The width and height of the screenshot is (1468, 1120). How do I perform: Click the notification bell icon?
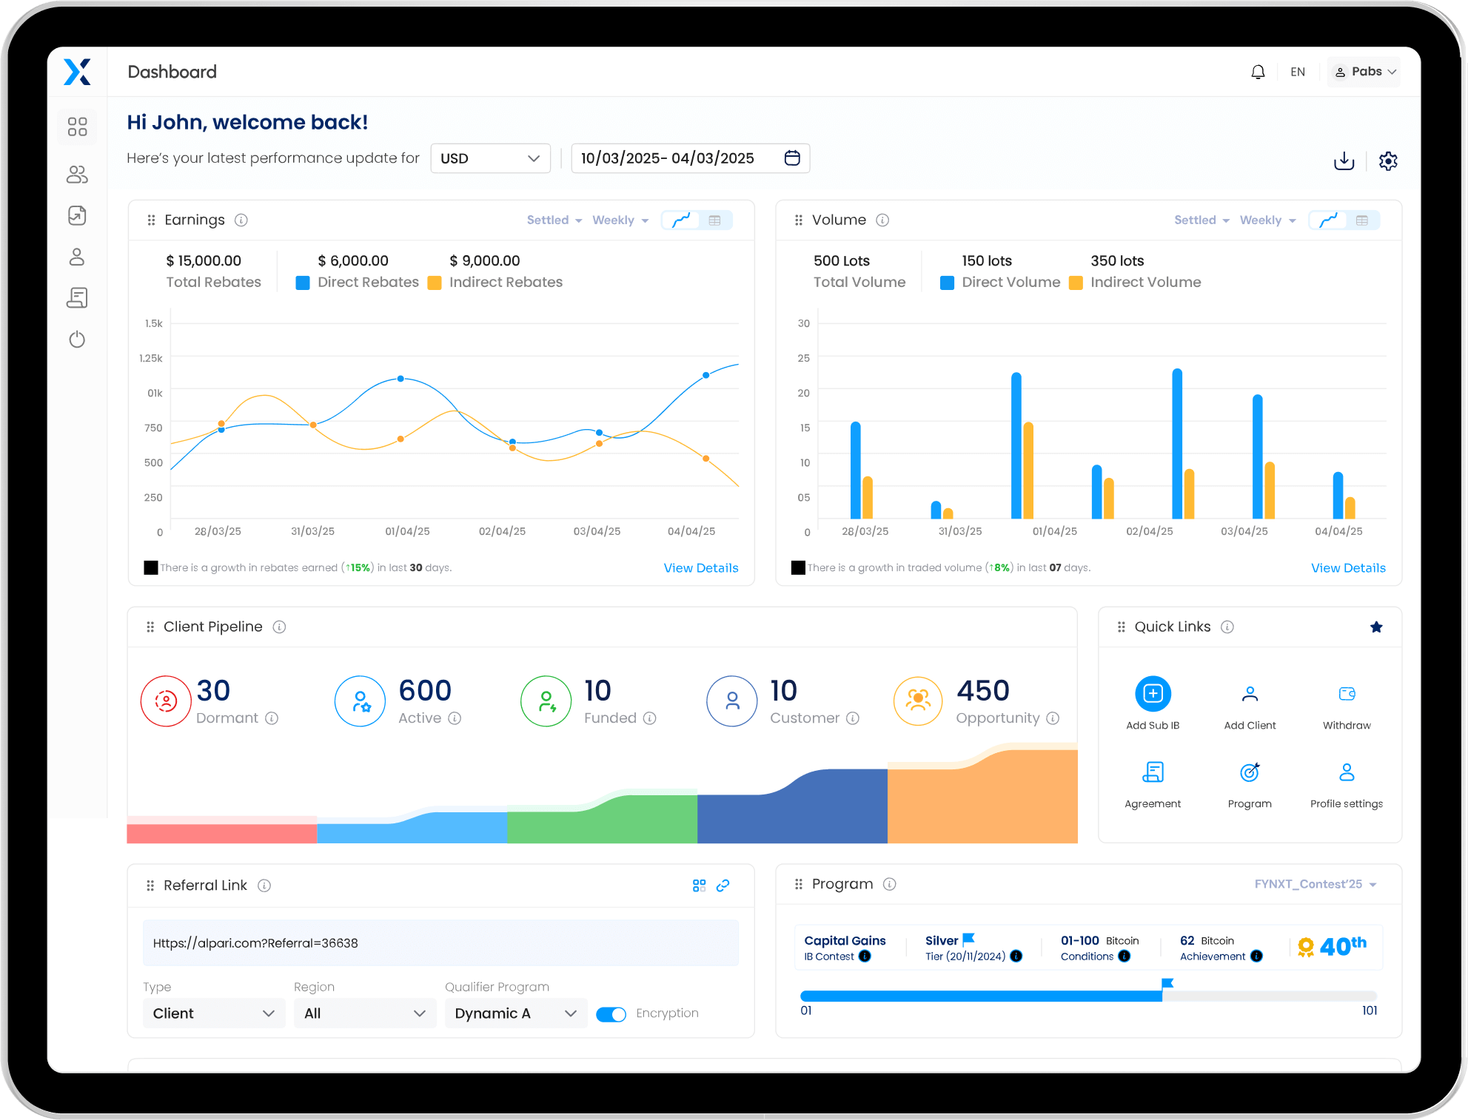[x=1258, y=72]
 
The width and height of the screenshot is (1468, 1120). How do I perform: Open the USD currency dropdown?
[x=490, y=158]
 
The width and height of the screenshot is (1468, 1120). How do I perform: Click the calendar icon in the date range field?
[x=792, y=158]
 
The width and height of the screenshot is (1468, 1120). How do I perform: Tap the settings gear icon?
[x=1388, y=161]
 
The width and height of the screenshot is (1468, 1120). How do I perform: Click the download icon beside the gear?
[x=1344, y=161]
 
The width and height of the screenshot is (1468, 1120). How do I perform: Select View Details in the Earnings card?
[x=700, y=568]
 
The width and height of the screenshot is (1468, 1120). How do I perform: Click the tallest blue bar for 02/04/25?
[x=1177, y=444]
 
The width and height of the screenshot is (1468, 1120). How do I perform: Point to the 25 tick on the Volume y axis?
[x=804, y=358]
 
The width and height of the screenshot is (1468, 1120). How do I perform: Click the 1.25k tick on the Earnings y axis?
[x=151, y=358]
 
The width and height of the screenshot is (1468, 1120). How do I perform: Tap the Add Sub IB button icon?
[x=1153, y=694]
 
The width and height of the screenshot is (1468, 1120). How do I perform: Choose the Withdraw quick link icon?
[x=1347, y=694]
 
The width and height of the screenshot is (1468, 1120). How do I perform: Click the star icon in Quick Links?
[x=1376, y=627]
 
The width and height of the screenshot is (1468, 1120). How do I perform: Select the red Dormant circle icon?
[x=166, y=701]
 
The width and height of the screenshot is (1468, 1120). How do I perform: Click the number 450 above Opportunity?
[x=982, y=690]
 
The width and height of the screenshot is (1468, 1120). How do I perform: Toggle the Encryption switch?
[x=611, y=1014]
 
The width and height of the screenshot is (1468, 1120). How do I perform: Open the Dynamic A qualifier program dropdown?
[x=515, y=1013]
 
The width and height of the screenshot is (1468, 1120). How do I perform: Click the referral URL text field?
[x=440, y=943]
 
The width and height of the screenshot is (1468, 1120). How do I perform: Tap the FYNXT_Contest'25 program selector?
[x=1315, y=884]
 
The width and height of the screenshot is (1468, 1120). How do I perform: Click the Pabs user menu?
[x=1364, y=72]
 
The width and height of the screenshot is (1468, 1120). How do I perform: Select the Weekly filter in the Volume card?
[x=1267, y=220]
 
